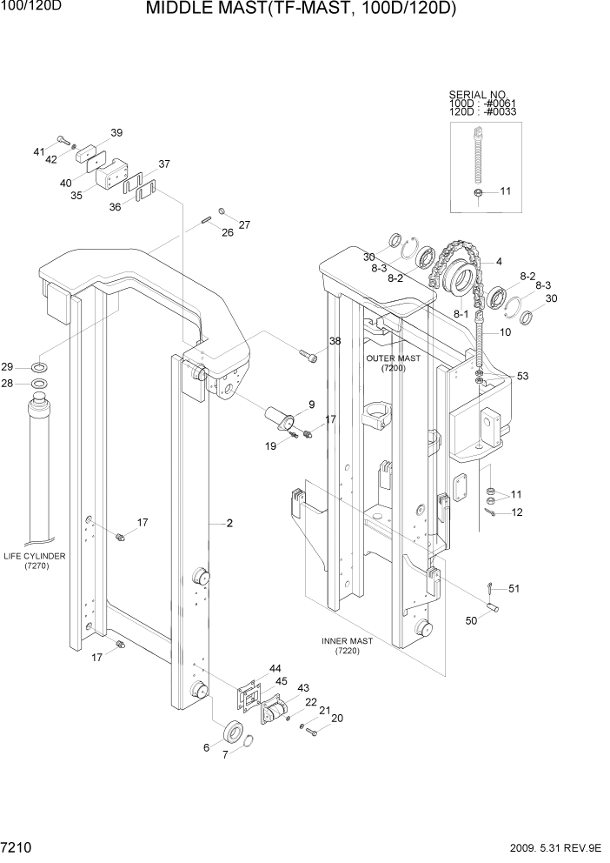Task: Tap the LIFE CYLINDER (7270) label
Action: [35, 560]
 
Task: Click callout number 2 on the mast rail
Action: [229, 524]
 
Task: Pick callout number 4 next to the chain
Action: [499, 261]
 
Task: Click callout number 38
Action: [335, 341]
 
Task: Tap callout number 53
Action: [522, 377]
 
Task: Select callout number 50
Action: [473, 621]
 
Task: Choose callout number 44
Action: [275, 667]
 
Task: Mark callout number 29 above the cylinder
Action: [31, 365]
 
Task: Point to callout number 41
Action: [39, 152]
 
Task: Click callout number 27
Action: [244, 224]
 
